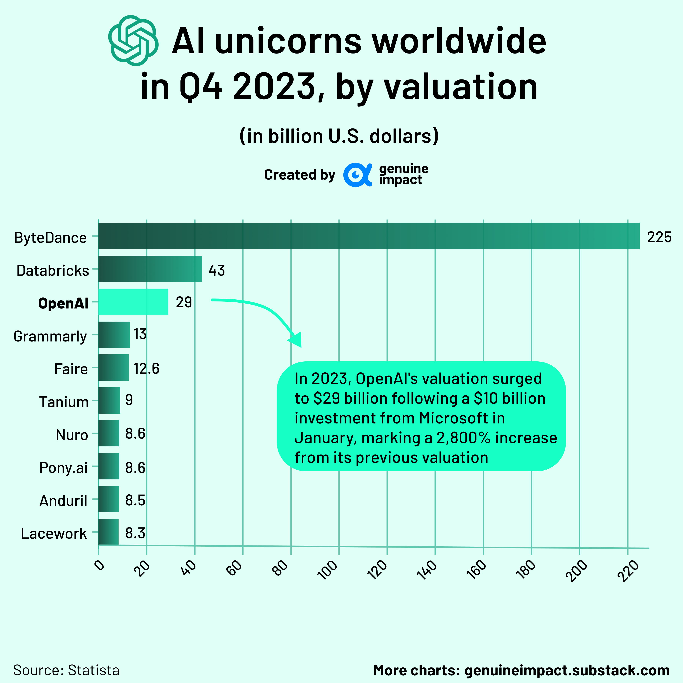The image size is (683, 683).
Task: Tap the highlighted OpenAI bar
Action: tap(133, 301)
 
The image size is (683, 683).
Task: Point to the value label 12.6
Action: tap(146, 369)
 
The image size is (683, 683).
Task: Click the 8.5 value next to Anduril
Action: tap(135, 500)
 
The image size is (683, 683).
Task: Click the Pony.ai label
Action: tap(63, 468)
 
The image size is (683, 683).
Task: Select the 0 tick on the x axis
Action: tap(100, 565)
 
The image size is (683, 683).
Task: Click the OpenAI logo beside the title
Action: tap(133, 41)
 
